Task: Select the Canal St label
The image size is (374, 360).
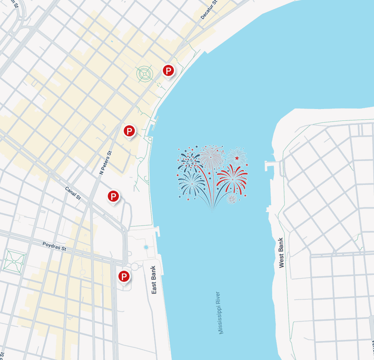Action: pos(73,193)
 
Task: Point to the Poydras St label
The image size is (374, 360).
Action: pos(54,247)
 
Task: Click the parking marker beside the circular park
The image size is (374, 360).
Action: pos(168,70)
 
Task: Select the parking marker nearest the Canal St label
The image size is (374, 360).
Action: pos(113,196)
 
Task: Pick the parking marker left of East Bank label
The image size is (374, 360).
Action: pos(124,276)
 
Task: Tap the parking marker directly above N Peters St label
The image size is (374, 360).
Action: pos(129,131)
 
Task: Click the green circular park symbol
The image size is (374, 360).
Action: pos(145,73)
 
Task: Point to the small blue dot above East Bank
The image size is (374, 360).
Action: pos(146,247)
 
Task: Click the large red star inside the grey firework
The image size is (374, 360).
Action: pos(237,158)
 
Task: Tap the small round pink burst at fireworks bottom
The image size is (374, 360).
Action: pos(232,199)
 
